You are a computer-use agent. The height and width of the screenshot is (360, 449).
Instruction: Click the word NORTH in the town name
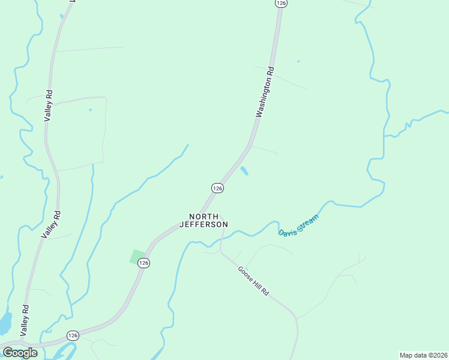coord(203,216)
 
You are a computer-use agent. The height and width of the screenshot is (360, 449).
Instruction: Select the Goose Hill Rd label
coord(253,280)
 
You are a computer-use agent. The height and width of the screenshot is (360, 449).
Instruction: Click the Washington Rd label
coord(265,91)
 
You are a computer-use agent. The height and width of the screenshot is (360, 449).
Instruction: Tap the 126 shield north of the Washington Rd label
coord(281,3)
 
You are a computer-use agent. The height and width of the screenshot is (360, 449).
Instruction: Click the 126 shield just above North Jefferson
coord(217,188)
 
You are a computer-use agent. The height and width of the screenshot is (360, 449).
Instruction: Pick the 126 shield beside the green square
coord(143,263)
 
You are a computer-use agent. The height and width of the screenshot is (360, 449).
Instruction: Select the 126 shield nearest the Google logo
coord(72,335)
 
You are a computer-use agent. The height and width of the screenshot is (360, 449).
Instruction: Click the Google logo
coord(20,353)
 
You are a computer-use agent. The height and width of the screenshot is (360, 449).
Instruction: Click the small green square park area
coord(138,256)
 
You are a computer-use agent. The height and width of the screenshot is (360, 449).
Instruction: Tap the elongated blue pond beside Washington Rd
coord(244,171)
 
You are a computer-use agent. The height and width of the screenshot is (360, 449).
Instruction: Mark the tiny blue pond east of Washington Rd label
coord(298,61)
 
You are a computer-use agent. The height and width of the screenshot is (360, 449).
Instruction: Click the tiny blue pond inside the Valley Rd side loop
coord(91,110)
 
